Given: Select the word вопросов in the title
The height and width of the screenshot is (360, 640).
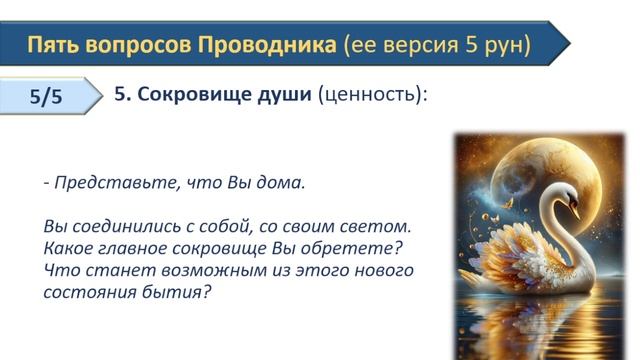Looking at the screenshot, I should [x=140, y=45].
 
